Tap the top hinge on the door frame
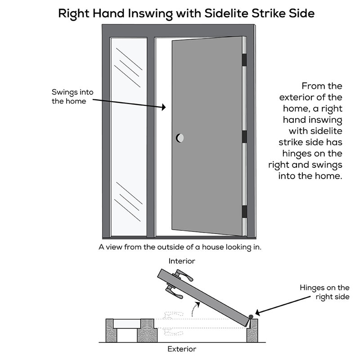point(245,60)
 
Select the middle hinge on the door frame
point(245,137)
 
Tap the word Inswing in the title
point(151,13)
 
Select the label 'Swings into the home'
point(72,97)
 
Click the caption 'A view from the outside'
point(180,247)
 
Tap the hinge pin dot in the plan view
point(250,316)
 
